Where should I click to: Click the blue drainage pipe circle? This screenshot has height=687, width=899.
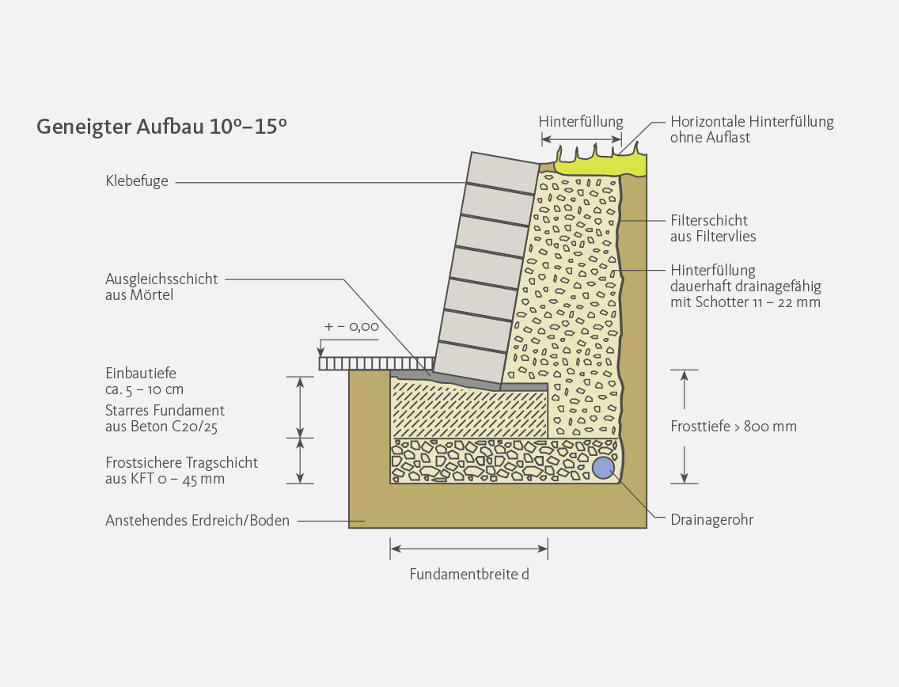click(x=604, y=468)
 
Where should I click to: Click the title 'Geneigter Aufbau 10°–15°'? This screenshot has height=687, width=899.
click(x=161, y=127)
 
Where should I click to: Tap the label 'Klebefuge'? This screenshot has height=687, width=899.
click(x=137, y=182)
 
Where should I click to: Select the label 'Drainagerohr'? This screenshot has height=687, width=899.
click(x=711, y=520)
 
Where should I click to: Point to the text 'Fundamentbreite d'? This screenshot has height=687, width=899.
click(x=468, y=575)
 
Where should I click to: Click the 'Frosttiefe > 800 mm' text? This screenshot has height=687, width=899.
click(x=733, y=427)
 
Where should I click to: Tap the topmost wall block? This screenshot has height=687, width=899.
click(x=503, y=173)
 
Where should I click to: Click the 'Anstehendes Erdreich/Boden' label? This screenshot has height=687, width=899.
click(x=197, y=521)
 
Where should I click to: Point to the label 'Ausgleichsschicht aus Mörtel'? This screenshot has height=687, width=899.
click(x=161, y=287)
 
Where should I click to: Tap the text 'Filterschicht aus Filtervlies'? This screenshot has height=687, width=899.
click(x=712, y=228)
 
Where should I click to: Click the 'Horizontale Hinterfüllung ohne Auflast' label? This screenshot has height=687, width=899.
click(x=752, y=129)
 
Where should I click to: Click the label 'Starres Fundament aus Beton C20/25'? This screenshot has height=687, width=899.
click(x=165, y=419)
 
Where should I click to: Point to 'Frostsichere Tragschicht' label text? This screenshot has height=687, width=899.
click(x=181, y=463)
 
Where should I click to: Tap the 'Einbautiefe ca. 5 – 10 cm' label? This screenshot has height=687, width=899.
click(x=144, y=381)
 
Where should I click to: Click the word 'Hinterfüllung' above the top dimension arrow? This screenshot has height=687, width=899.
click(x=581, y=122)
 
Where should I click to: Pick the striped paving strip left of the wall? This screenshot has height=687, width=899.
click(x=354, y=363)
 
